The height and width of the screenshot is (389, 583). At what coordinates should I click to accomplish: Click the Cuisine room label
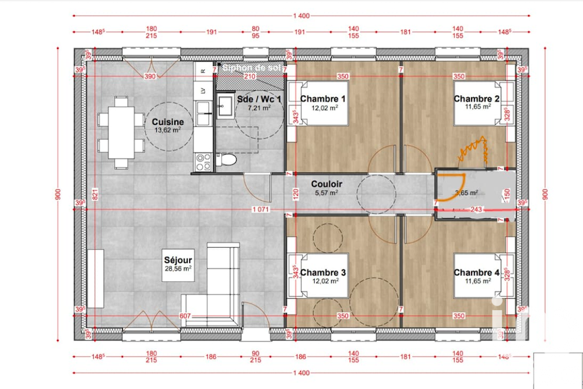(x=168, y=122)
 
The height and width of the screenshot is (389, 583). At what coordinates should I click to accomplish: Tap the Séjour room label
(x=178, y=260)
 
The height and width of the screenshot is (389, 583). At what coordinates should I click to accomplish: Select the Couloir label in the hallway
(x=326, y=184)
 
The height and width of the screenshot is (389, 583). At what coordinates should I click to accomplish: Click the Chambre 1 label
(x=323, y=99)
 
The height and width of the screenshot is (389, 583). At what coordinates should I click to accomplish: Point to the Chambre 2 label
(x=477, y=99)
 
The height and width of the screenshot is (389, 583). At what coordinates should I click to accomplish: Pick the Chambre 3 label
(x=323, y=272)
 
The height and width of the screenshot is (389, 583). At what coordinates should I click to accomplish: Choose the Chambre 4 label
(x=477, y=272)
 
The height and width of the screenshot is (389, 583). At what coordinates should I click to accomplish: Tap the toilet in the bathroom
(x=226, y=160)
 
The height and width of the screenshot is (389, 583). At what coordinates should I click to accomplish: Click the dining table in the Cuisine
(x=121, y=132)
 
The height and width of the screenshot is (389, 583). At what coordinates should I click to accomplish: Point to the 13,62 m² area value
(x=167, y=131)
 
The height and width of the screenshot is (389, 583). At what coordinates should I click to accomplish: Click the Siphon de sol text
(x=252, y=68)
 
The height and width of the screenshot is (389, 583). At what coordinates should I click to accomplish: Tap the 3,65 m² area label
(x=466, y=193)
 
